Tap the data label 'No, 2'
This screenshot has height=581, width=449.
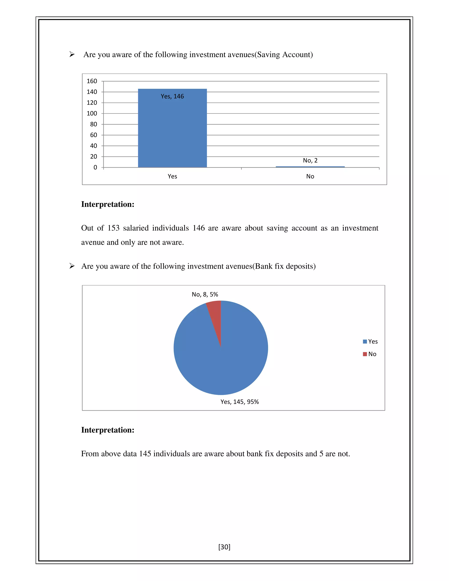pyautogui.click(x=310, y=160)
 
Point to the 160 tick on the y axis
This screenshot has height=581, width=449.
pyautogui.click(x=92, y=81)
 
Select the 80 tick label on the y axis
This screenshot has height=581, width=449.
pyautogui.click(x=93, y=124)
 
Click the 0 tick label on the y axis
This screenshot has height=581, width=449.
pyautogui.click(x=95, y=167)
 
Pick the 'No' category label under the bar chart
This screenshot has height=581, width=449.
pyautogui.click(x=310, y=176)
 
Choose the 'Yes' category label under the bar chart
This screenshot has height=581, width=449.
pyautogui.click(x=172, y=176)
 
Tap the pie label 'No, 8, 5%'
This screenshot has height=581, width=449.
pyautogui.click(x=205, y=294)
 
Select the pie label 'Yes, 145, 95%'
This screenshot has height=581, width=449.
pyautogui.click(x=239, y=402)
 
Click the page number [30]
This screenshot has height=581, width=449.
pyautogui.click(x=224, y=547)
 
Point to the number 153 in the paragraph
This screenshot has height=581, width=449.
pyautogui.click(x=114, y=228)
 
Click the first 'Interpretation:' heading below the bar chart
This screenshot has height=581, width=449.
pyautogui.click(x=108, y=204)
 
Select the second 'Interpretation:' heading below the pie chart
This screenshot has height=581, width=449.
pyautogui.click(x=108, y=430)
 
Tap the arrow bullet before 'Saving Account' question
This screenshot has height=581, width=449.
pyautogui.click(x=72, y=54)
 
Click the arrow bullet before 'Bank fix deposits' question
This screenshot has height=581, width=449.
pyautogui.click(x=72, y=266)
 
